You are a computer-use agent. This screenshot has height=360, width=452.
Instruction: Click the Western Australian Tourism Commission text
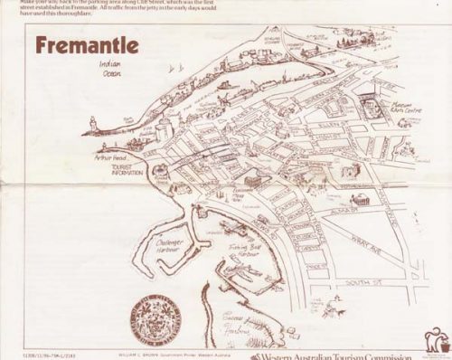pyautogui.click(x=331, y=355)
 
